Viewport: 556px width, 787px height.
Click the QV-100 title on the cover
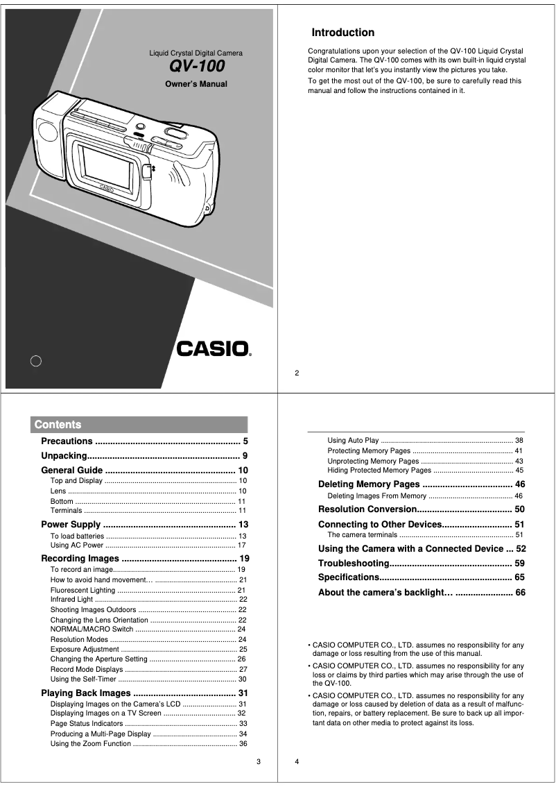(197, 67)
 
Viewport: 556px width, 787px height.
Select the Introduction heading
(342, 33)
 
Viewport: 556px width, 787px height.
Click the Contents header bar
(139, 425)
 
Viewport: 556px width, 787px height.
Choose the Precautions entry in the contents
(67, 441)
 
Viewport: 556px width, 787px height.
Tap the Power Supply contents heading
(71, 525)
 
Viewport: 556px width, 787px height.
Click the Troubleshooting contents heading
(353, 563)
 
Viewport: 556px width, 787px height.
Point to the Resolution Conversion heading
(366, 509)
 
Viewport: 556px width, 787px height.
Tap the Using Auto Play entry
(353, 441)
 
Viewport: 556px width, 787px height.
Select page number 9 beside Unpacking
(245, 457)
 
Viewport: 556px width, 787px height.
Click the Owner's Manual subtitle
(196, 84)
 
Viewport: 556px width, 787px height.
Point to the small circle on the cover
(37, 360)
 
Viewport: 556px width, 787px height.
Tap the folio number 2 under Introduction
(297, 373)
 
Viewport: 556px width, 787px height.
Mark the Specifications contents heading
(348, 577)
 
